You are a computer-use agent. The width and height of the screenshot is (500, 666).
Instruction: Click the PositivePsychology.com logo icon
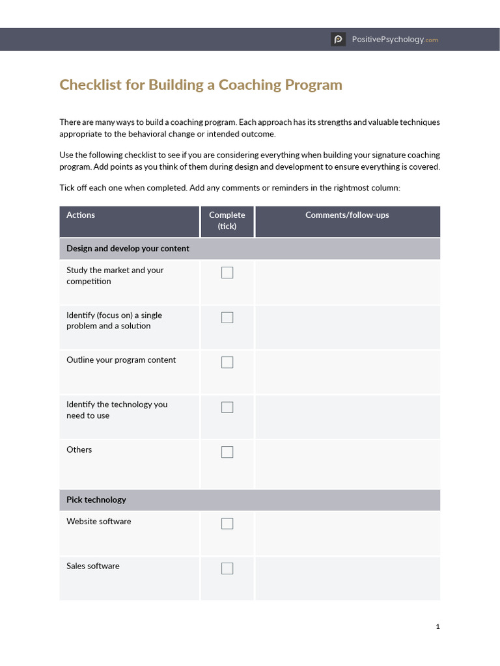[x=338, y=40]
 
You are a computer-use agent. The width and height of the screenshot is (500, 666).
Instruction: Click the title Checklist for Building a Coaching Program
[x=201, y=85]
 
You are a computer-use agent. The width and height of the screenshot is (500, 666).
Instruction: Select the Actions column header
[x=81, y=215]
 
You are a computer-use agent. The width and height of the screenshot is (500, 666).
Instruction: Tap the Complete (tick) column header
[x=227, y=220]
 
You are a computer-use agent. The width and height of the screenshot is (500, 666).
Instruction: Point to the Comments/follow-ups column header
[x=347, y=215]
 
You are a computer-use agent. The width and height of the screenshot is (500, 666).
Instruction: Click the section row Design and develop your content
[x=128, y=248]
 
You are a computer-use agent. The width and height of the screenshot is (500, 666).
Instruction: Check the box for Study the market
[x=227, y=273]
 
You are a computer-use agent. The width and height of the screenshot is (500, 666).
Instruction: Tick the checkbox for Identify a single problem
[x=227, y=317]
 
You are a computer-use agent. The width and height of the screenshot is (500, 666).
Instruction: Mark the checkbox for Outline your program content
[x=227, y=362]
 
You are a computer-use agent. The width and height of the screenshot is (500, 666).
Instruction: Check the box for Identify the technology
[x=227, y=407]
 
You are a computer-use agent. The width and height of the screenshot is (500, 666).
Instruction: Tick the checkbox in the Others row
[x=227, y=452]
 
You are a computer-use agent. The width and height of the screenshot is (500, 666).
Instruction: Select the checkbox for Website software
[x=227, y=524]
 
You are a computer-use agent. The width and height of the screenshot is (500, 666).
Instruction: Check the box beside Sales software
[x=227, y=568]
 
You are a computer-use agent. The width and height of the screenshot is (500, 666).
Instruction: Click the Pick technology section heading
[x=96, y=499]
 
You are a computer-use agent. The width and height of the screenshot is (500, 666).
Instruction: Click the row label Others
[x=79, y=449]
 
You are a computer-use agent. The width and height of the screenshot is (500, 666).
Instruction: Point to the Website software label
[x=99, y=522]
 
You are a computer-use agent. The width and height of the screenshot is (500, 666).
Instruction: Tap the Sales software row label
[x=93, y=566]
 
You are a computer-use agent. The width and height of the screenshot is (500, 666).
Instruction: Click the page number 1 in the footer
[x=437, y=626]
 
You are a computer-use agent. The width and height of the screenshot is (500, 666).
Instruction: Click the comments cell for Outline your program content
[x=347, y=372]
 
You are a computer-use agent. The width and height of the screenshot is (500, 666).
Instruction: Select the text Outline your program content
[x=121, y=360]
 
